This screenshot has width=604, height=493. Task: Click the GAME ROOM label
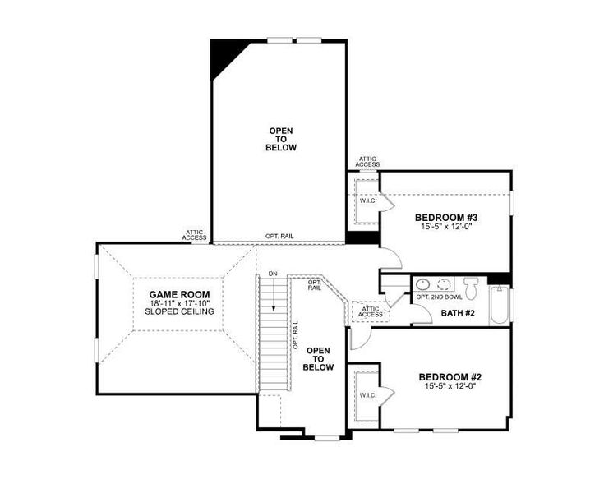pyautogui.click(x=178, y=294)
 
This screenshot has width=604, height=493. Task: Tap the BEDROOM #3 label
pyautogui.click(x=446, y=218)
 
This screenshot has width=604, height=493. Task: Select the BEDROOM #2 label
pyautogui.click(x=450, y=377)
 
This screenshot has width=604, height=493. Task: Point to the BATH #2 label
pyautogui.click(x=457, y=313)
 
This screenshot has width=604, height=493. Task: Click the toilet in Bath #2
pyautogui.click(x=471, y=288)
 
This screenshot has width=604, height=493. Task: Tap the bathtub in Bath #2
pyautogui.click(x=498, y=307)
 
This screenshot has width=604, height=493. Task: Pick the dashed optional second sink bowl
pyautogui.click(x=445, y=285)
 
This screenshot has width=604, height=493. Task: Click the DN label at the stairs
pyautogui.click(x=272, y=273)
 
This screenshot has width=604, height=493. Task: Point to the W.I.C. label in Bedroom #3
pyautogui.click(x=366, y=200)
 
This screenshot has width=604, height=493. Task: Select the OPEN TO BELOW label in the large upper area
pyautogui.click(x=280, y=139)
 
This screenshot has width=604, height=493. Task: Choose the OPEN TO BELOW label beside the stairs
pyautogui.click(x=319, y=359)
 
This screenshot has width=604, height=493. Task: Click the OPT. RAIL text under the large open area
pyautogui.click(x=279, y=237)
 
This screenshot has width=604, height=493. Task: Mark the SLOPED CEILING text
pyautogui.click(x=178, y=312)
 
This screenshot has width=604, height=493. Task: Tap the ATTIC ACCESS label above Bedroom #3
pyautogui.click(x=367, y=162)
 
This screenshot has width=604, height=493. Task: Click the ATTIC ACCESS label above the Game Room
pyautogui.click(x=195, y=235)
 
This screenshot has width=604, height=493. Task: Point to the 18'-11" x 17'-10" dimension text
pyautogui.click(x=178, y=303)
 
